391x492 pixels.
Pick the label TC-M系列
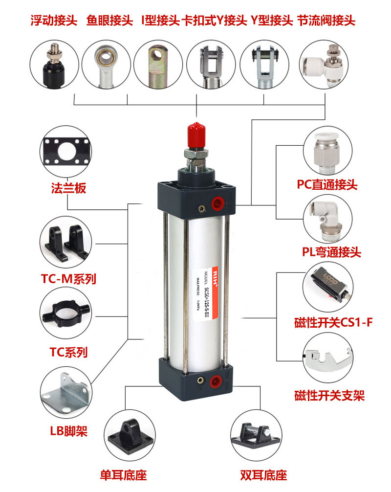68,279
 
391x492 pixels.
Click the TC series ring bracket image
66,312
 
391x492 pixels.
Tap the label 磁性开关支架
329,395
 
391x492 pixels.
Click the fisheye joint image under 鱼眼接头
105,65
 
